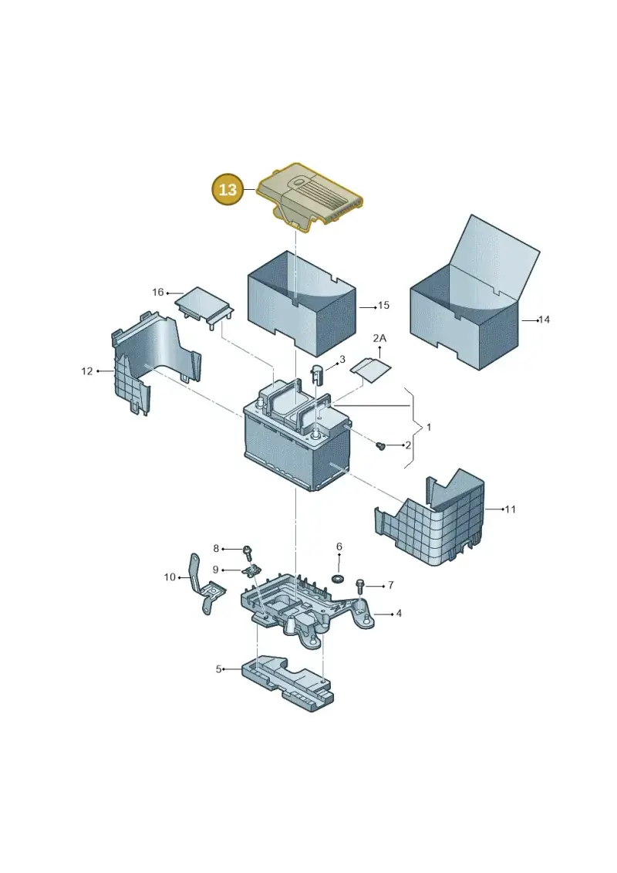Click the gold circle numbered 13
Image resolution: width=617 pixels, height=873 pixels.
[x=228, y=190]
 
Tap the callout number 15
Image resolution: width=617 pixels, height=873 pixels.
[x=383, y=305]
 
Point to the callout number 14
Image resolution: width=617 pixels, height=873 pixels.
[x=544, y=320]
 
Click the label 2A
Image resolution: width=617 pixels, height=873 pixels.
[x=379, y=338]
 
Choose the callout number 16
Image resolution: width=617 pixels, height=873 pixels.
[x=158, y=293]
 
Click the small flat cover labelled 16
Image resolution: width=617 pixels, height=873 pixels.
[x=204, y=308]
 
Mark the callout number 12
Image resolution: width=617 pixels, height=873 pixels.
[x=87, y=371]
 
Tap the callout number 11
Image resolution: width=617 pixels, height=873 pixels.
[x=510, y=509]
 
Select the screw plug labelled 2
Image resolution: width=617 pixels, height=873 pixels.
[x=381, y=446]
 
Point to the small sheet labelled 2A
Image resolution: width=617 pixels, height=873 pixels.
[x=373, y=369]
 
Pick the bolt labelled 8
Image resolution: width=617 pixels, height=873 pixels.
[x=247, y=553]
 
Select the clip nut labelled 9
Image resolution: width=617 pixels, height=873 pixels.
[x=253, y=571]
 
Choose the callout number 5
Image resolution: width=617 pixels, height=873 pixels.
[x=218, y=668]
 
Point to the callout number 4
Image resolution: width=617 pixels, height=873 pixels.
[x=399, y=614]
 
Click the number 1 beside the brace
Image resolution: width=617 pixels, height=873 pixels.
[x=428, y=428]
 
